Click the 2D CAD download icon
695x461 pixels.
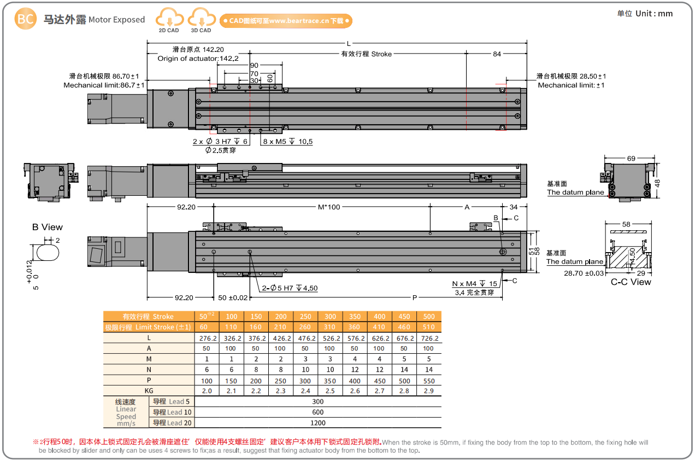click(x=169, y=20)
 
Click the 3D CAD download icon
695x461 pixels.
click(x=201, y=20)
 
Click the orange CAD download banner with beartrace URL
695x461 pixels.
click(x=286, y=21)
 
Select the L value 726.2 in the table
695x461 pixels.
click(x=429, y=338)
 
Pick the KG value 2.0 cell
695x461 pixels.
click(x=207, y=391)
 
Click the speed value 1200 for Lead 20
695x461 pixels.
click(x=317, y=423)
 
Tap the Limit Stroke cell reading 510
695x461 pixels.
click(x=429, y=327)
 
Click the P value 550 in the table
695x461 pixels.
click(x=429, y=381)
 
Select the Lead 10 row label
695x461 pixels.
click(x=172, y=412)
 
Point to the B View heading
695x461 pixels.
click(x=48, y=227)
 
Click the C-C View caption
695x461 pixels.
click(x=631, y=282)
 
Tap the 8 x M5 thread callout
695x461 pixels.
click(x=288, y=142)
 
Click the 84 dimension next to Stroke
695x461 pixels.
click(x=497, y=54)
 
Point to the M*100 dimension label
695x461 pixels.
click(x=329, y=207)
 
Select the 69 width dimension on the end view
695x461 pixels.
click(x=631, y=159)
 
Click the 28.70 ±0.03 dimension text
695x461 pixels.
click(x=584, y=273)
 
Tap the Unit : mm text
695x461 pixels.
click(x=645, y=14)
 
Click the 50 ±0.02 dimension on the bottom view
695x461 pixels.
click(x=233, y=297)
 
